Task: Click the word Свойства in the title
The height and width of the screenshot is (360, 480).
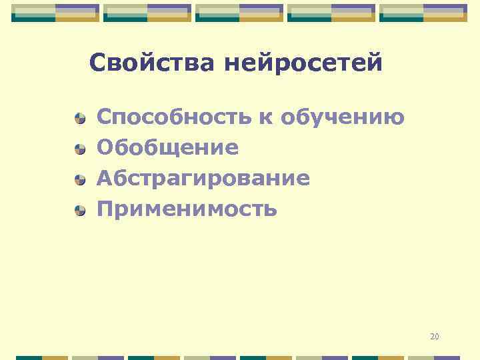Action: tap(152, 63)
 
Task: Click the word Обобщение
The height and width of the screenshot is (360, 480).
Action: tap(167, 148)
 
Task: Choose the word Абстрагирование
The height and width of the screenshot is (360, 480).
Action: tap(203, 179)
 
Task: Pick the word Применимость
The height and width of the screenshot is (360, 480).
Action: tap(187, 209)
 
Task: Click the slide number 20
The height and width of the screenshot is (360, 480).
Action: tap(435, 337)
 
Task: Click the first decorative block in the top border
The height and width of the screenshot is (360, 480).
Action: tap(55, 13)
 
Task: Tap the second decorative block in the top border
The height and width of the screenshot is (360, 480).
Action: tap(147, 13)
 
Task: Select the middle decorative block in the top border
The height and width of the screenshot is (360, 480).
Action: tap(239, 13)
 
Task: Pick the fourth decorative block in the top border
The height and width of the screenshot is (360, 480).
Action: tap(331, 13)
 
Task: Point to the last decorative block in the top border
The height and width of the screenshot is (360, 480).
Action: tap(423, 13)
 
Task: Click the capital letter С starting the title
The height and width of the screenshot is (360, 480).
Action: tap(97, 63)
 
